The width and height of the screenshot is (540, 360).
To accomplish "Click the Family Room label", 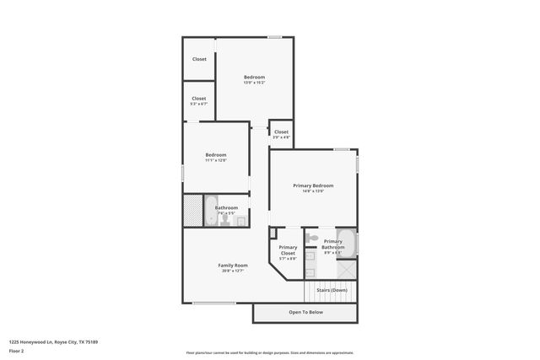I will (x=232, y=265).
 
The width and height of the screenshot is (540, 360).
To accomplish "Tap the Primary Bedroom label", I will (x=313, y=185).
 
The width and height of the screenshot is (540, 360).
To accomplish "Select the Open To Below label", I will (x=305, y=312).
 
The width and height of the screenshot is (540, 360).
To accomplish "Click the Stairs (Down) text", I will (x=332, y=290).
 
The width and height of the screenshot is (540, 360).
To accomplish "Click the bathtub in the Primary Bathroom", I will (x=347, y=243).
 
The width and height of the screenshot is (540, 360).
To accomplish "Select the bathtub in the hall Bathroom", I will (x=211, y=211).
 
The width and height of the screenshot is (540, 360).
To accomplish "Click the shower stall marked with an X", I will (x=347, y=269).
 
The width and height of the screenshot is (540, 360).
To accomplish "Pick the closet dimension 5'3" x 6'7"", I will (x=199, y=104).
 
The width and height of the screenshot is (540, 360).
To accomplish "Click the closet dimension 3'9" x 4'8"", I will (x=281, y=137).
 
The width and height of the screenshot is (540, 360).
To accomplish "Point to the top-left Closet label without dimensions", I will (x=199, y=59).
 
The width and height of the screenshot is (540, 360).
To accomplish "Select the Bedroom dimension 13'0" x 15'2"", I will (x=254, y=83).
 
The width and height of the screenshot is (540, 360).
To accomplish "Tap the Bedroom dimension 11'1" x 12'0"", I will (x=215, y=160).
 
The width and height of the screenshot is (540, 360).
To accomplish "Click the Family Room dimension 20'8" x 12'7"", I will (x=232, y=271).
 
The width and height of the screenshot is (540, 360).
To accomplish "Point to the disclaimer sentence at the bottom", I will (x=269, y=352).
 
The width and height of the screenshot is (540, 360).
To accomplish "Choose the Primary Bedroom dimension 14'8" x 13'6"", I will (x=313, y=191).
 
